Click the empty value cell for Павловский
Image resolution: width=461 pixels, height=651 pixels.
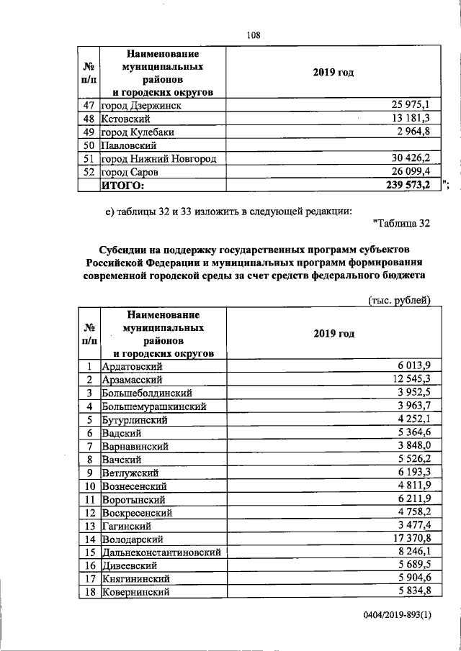[x=328, y=145]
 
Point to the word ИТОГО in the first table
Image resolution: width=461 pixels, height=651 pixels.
[x=122, y=186]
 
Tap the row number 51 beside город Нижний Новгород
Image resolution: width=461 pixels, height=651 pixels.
[x=90, y=158]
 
